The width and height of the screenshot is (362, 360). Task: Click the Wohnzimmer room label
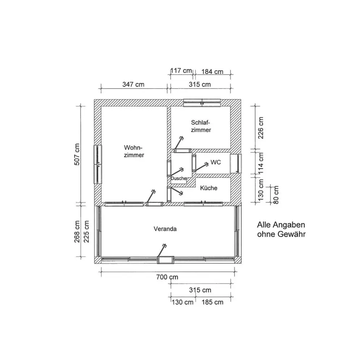[134, 151]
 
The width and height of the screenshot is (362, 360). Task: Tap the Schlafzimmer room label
[201, 126]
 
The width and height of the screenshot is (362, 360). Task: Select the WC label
[216, 162]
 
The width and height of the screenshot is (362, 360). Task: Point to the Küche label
[209, 188]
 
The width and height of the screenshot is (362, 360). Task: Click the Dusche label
[178, 178]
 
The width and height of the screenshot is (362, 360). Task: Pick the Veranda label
[165, 229]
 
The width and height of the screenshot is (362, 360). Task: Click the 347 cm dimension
[133, 84]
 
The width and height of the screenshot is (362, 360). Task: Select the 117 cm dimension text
[181, 70]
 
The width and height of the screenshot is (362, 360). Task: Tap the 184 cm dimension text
[212, 72]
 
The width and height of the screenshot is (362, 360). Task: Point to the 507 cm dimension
[77, 154]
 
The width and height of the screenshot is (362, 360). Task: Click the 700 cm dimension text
[167, 277]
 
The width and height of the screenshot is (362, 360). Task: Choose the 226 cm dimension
[260, 128]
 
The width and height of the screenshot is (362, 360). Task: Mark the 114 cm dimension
[260, 163]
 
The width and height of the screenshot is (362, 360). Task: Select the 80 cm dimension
[276, 195]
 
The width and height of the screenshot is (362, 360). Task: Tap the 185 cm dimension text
[212, 302]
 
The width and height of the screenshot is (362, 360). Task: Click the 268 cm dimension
[77, 232]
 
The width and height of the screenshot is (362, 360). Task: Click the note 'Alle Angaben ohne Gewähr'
[281, 229]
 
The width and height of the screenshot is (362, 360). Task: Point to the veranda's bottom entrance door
[165, 260]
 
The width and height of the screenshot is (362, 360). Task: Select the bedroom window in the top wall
[202, 103]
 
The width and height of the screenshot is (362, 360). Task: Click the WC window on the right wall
[236, 164]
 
